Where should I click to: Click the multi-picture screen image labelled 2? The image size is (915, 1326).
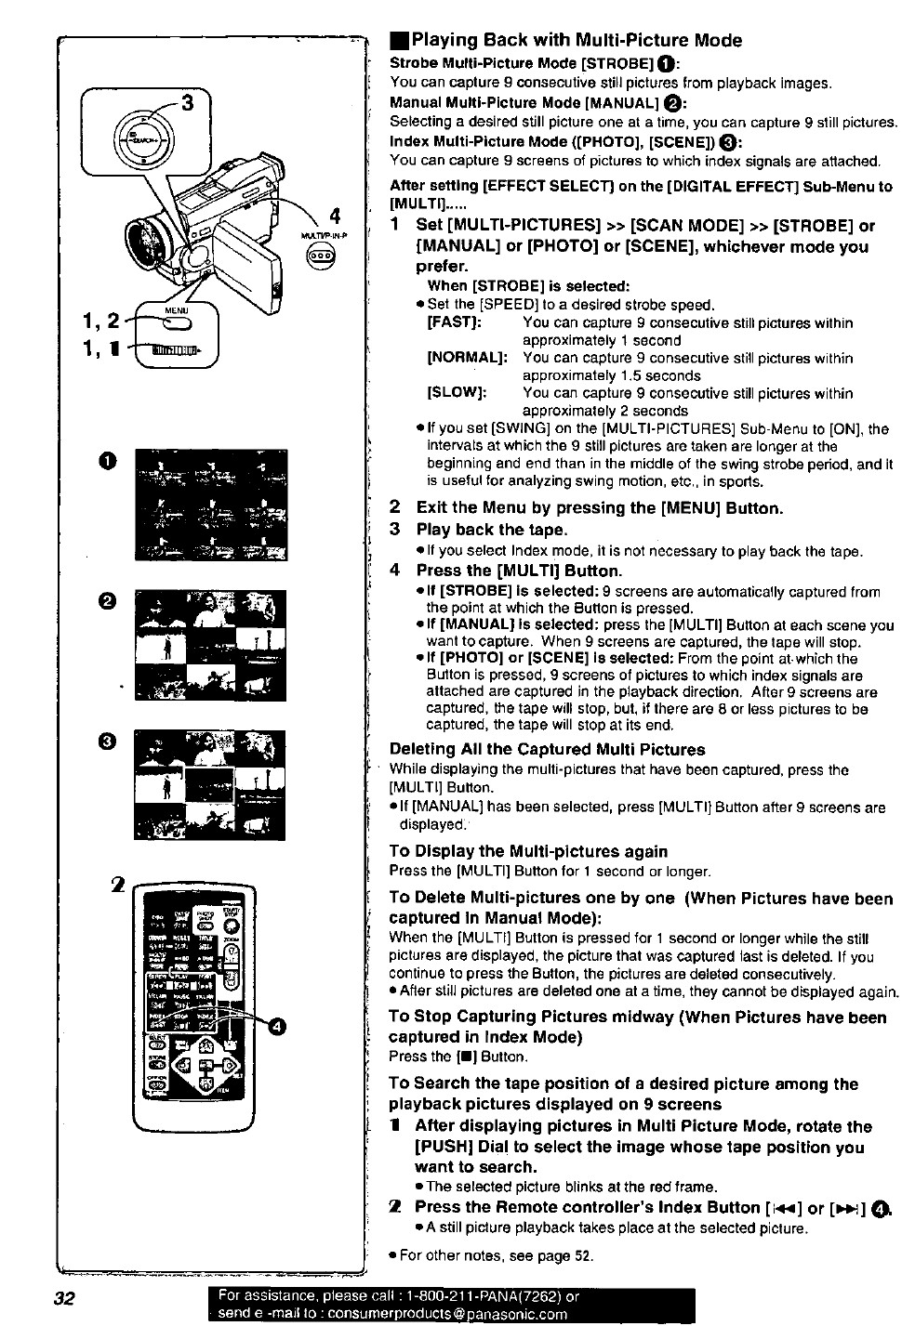point(211,645)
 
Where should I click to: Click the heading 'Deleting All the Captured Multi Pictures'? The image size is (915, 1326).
point(547,750)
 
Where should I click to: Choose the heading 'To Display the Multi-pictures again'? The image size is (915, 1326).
point(528,851)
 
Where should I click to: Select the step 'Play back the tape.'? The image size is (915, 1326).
point(491,530)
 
